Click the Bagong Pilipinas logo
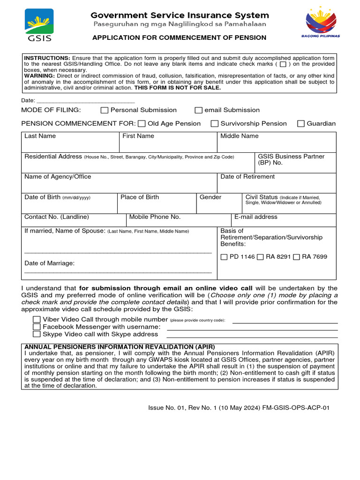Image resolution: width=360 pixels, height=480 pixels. click(x=321, y=22)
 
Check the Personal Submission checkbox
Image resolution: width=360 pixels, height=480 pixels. click(x=105, y=110)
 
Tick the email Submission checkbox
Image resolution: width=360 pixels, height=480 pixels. click(x=199, y=110)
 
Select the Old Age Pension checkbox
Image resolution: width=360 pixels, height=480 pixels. click(x=142, y=124)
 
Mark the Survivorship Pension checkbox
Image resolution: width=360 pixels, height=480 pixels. click(x=215, y=124)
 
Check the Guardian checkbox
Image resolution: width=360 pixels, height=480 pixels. click(x=301, y=124)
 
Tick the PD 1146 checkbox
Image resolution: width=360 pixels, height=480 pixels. click(x=224, y=257)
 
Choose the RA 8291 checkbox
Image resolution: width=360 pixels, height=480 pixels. click(x=260, y=257)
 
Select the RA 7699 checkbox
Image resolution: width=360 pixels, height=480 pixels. click(x=296, y=257)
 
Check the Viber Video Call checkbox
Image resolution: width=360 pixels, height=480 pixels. click(x=37, y=319)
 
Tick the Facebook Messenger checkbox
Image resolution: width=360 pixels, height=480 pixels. click(x=37, y=327)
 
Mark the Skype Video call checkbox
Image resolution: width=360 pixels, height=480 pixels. click(x=37, y=334)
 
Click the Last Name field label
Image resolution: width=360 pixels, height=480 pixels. click(x=40, y=136)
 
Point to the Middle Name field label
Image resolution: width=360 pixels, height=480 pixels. click(x=240, y=136)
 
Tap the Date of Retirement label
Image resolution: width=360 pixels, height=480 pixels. click(x=247, y=177)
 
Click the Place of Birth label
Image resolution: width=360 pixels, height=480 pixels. click(x=140, y=197)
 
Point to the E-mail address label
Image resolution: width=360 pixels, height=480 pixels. click(x=256, y=217)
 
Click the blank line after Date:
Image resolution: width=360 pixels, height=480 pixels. click(x=86, y=100)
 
